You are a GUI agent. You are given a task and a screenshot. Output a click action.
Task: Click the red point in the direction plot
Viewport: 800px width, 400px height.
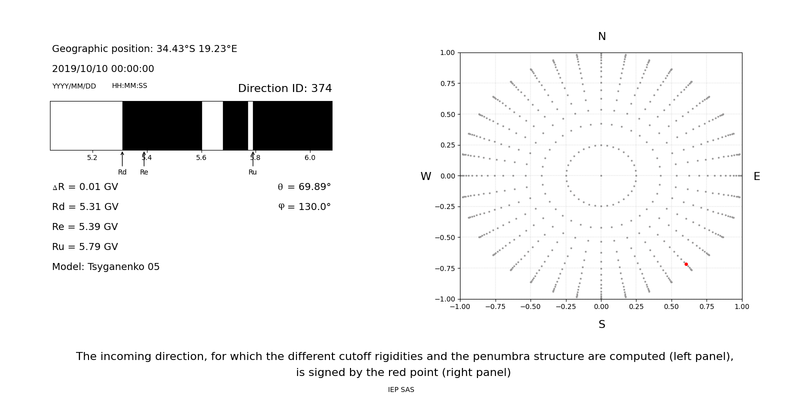coord(686,264)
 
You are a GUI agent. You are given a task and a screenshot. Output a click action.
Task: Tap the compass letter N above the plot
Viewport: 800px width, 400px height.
coord(602,36)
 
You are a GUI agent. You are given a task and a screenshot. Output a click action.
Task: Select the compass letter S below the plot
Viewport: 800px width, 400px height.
coord(602,324)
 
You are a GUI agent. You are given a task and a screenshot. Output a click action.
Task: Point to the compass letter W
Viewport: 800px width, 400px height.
coord(425,176)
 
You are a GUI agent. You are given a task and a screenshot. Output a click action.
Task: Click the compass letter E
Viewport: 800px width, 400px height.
coord(756,176)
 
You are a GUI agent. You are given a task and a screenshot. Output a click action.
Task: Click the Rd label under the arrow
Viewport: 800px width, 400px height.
coord(122,172)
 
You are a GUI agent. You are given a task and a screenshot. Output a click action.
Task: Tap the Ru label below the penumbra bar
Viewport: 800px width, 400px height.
coord(252,172)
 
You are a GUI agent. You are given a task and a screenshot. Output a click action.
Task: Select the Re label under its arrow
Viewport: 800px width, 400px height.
coord(144,172)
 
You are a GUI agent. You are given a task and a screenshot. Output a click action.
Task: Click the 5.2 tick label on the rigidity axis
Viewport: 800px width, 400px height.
coord(92,158)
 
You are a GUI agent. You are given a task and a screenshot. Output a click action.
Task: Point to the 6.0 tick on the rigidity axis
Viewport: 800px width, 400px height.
coord(310,158)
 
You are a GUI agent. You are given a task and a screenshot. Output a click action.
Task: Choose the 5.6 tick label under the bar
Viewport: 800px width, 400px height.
coord(201,158)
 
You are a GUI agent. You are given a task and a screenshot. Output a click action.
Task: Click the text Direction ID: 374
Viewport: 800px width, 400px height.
coord(284,88)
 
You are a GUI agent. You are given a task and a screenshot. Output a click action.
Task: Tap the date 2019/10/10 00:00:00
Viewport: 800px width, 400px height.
coord(103,69)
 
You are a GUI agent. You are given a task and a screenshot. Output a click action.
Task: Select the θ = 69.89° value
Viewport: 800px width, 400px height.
coord(304,187)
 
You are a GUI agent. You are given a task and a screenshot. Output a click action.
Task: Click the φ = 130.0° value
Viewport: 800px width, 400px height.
coord(304,207)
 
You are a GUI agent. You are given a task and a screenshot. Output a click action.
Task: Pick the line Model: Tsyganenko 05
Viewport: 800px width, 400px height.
coord(106,267)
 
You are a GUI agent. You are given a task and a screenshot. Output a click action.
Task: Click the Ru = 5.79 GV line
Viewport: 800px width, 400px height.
coord(85,247)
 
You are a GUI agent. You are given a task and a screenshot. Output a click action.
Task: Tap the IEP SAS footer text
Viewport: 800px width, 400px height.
coord(401,390)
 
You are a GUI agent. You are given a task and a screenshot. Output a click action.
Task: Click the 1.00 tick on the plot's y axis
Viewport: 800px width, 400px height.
coord(447,52)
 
